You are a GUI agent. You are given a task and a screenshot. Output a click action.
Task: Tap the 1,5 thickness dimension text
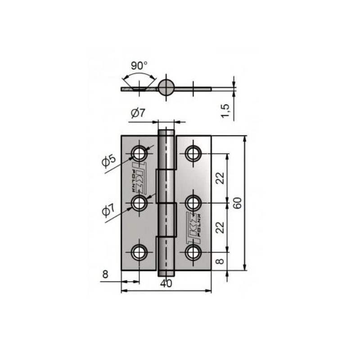point(226,111)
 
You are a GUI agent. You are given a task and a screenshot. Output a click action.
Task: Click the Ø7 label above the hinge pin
point(138,114)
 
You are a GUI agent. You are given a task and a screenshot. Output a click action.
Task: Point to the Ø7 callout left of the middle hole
point(108,211)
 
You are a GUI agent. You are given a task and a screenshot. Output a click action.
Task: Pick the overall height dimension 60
point(238,203)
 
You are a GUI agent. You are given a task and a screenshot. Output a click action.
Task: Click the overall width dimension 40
point(166,283)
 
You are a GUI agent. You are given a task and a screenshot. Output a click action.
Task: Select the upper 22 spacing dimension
point(220,178)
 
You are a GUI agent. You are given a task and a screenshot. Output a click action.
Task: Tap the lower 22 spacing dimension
point(220,228)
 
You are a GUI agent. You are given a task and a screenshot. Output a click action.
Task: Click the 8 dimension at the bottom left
point(105,274)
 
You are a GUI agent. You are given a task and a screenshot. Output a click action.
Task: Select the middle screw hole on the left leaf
point(139,203)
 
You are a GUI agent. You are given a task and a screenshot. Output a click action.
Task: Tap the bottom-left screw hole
point(139,252)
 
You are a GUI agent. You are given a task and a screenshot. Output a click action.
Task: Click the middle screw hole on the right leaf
point(194,203)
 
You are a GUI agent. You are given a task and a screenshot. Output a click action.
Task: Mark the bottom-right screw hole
point(194,252)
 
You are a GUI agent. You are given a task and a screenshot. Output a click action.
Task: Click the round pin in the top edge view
point(166,87)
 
